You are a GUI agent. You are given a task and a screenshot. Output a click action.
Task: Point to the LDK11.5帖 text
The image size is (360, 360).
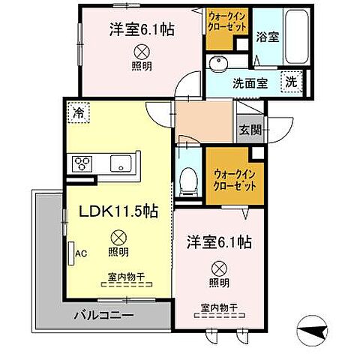coord(118,212)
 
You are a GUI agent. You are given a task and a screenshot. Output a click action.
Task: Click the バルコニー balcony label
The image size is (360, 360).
coord(103,315)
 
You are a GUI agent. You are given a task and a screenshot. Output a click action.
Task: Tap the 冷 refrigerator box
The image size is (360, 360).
coord(78,113)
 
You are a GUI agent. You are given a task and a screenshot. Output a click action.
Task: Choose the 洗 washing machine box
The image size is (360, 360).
coord(291,82)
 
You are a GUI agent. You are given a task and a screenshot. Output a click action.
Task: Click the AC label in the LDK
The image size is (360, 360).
coord(80,253)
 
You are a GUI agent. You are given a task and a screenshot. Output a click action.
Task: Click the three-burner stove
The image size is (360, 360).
coord(82,163)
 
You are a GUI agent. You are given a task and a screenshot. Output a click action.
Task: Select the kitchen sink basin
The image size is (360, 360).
coord(120,163)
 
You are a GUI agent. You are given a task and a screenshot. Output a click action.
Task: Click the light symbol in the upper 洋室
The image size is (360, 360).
coord(140,51)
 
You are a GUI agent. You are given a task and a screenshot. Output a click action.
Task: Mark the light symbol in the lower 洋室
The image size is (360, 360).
coord(218,267)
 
